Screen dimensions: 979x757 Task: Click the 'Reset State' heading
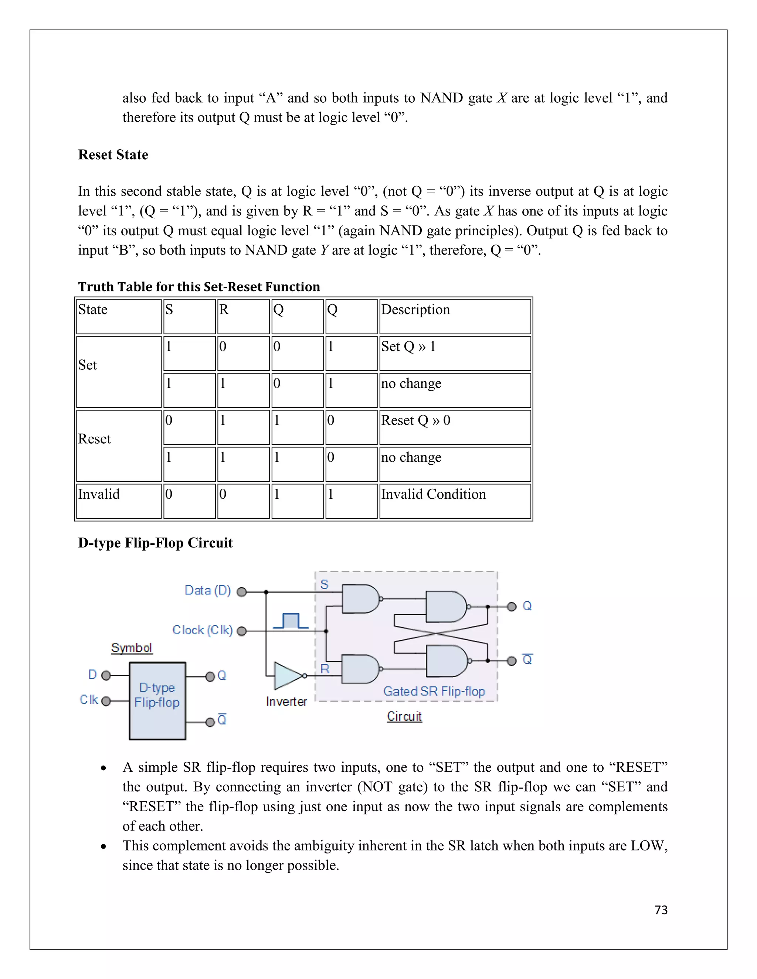tap(113, 155)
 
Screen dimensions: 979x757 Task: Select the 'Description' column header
tap(415, 310)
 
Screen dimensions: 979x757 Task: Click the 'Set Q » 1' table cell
tap(408, 347)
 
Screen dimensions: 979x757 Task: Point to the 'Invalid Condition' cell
tap(433, 494)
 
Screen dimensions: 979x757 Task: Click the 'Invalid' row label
tap(99, 494)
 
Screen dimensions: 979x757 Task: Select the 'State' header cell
tap(93, 310)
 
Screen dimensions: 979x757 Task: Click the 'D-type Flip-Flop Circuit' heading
tap(155, 543)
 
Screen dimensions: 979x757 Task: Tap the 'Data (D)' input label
tap(208, 590)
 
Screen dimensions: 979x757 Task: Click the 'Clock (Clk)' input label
tap(203, 630)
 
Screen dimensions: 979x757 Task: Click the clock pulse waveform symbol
tap(291, 621)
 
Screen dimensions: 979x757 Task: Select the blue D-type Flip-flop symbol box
tap(157, 700)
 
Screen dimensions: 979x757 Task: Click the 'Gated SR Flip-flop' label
tap(434, 691)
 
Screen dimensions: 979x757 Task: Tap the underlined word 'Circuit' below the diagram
tap(404, 716)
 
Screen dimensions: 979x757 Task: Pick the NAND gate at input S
tap(360, 599)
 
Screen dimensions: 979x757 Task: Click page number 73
tap(661, 910)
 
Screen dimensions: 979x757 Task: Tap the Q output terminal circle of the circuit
tap(512, 607)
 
